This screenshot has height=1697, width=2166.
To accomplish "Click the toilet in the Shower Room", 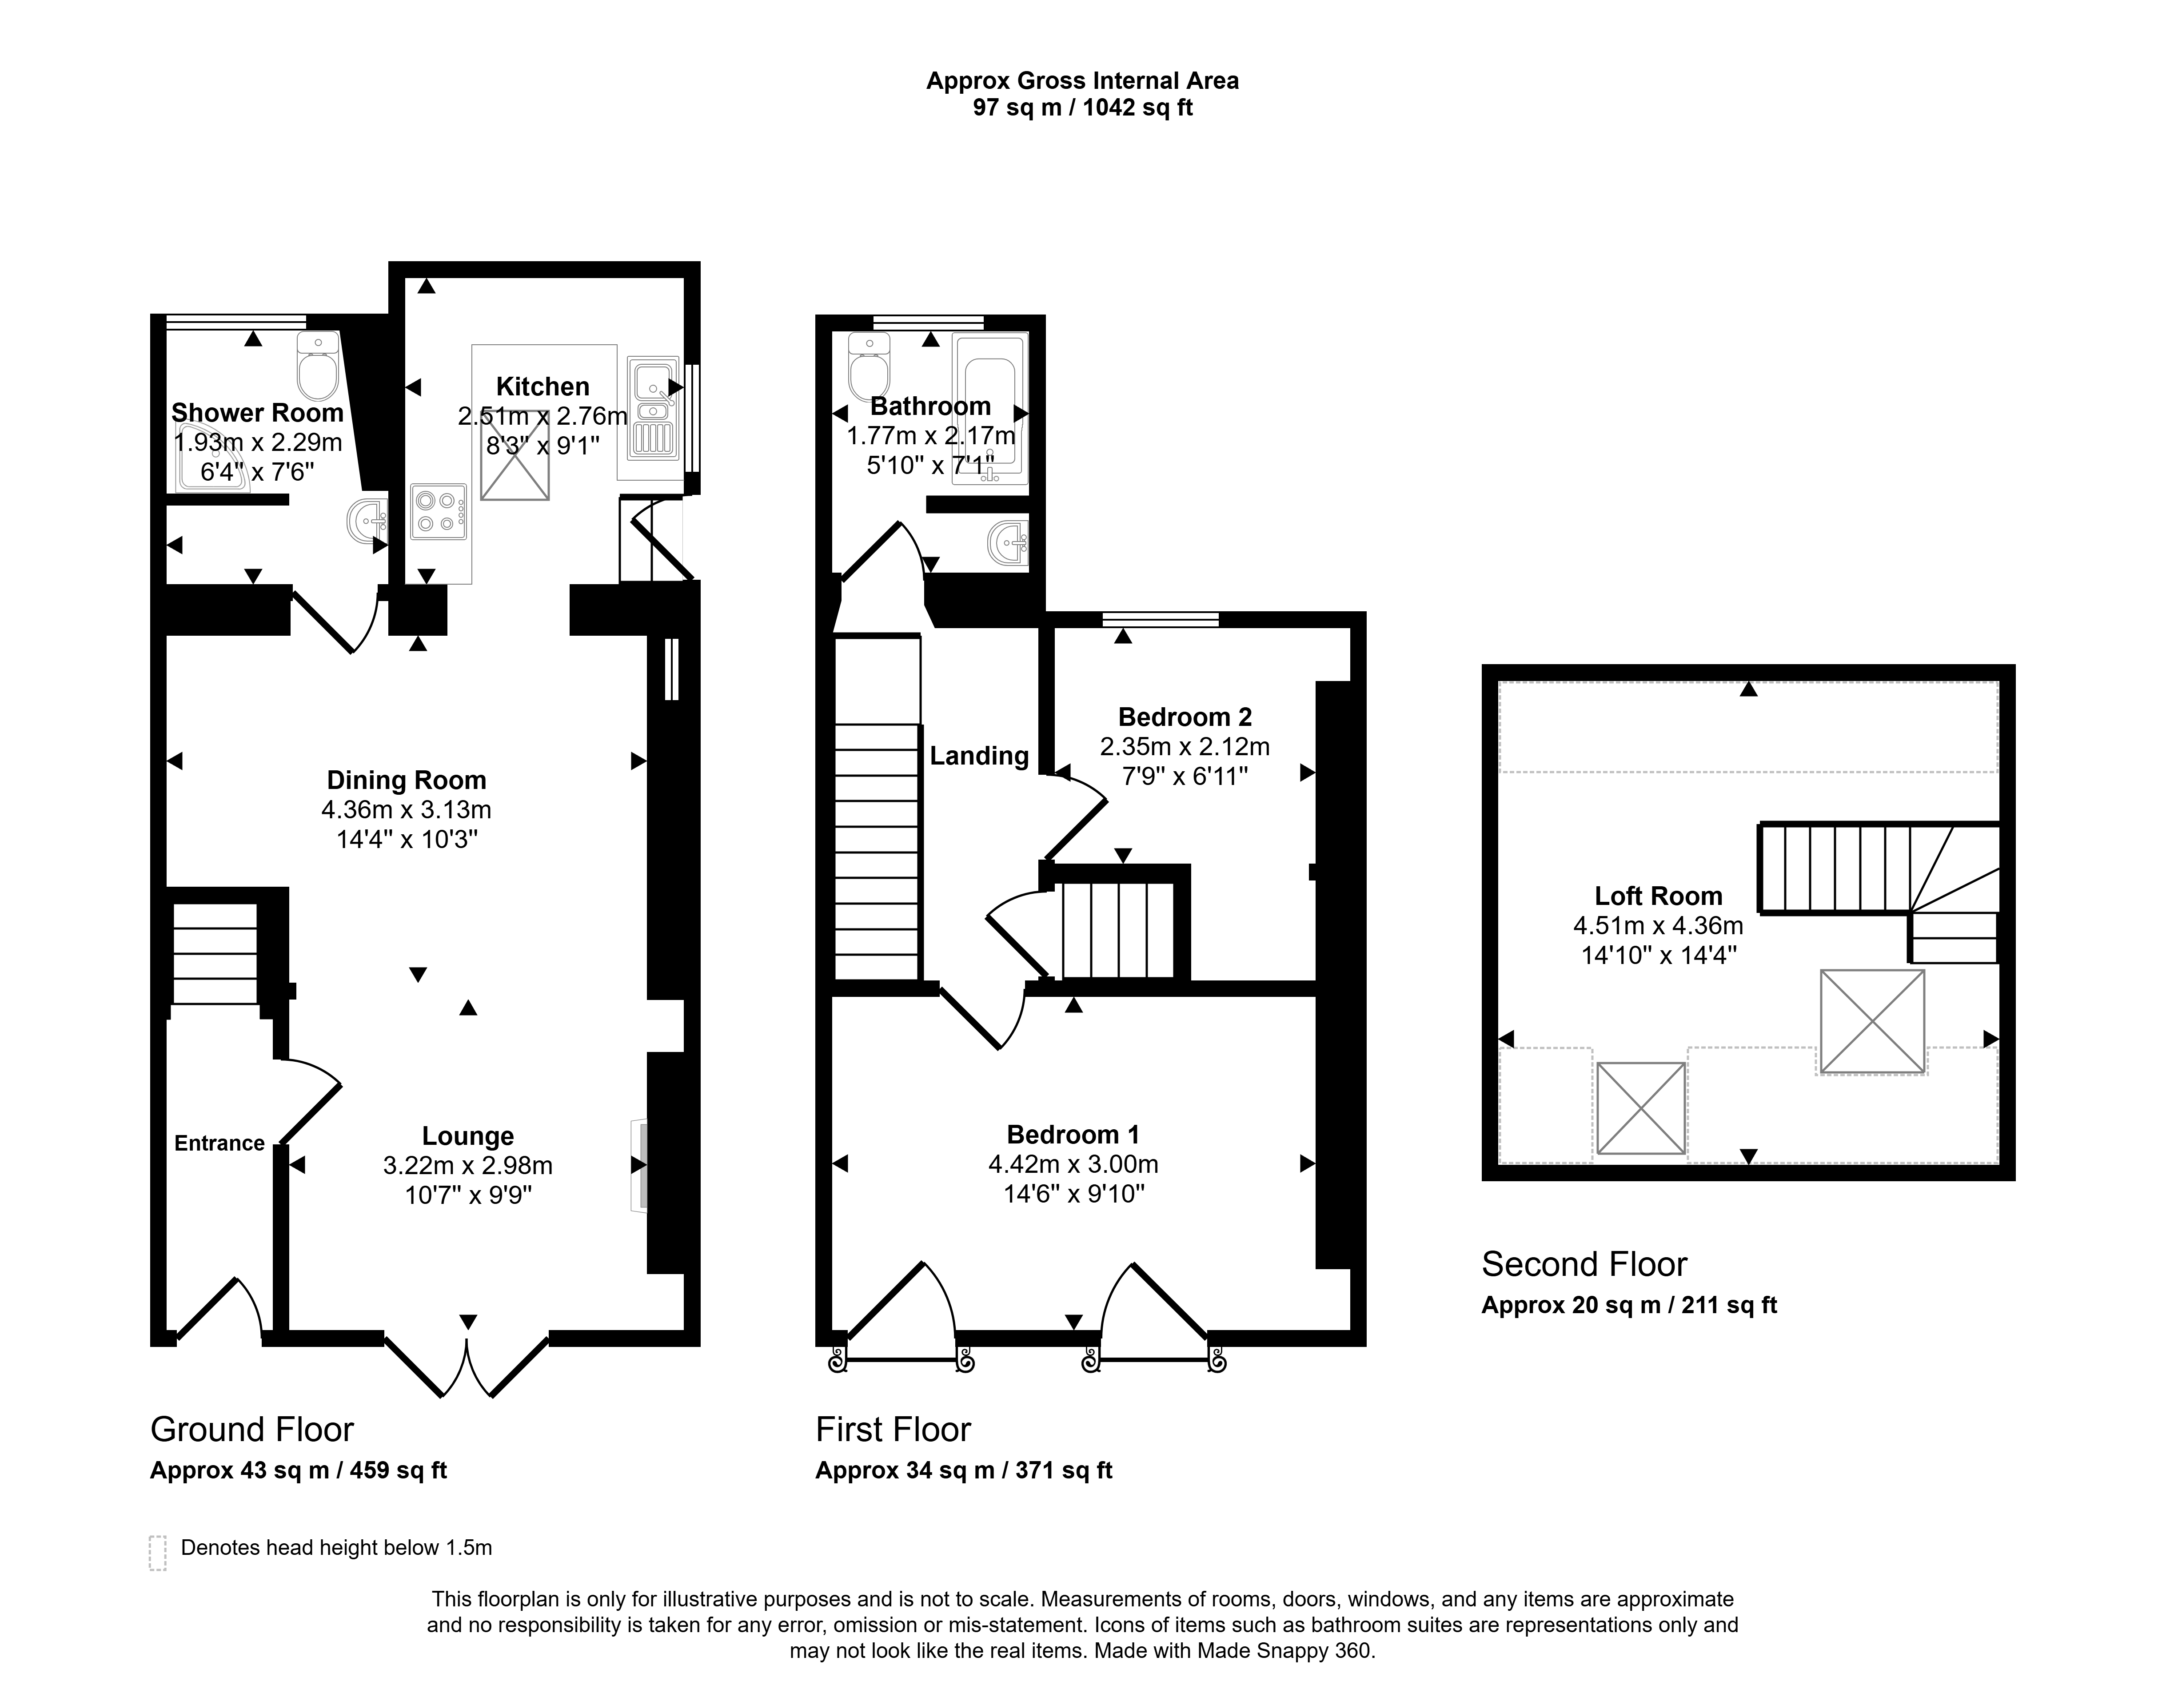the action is [x=318, y=366].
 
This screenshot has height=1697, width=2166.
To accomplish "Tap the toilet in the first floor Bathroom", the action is [x=870, y=366].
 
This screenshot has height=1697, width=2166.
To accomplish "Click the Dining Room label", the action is [x=407, y=781].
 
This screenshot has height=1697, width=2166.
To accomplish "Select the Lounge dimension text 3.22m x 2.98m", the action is [x=468, y=1165].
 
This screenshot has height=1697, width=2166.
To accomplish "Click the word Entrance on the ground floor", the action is [x=219, y=1143].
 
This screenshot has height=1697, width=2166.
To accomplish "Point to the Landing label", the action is [x=979, y=756].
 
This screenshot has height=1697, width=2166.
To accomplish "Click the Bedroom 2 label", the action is [x=1185, y=717].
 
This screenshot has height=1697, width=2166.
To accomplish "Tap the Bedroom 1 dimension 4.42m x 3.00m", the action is [x=1073, y=1163].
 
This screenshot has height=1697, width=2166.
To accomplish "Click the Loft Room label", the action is [x=1658, y=896].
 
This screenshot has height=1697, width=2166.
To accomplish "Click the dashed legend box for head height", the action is [x=157, y=1553].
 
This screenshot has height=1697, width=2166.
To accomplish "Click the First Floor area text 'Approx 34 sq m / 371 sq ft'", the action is [x=964, y=1470].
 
